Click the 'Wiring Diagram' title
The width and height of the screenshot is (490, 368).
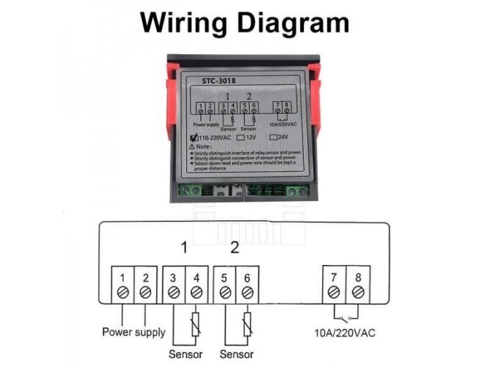pyautogui.click(x=244, y=22)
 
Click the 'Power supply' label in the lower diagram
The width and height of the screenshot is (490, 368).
pyautogui.click(x=134, y=332)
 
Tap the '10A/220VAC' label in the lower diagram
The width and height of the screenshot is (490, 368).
pyautogui.click(x=346, y=332)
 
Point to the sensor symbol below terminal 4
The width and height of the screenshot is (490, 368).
pyautogui.click(x=197, y=323)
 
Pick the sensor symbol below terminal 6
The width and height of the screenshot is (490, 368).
pyautogui.click(x=248, y=323)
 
